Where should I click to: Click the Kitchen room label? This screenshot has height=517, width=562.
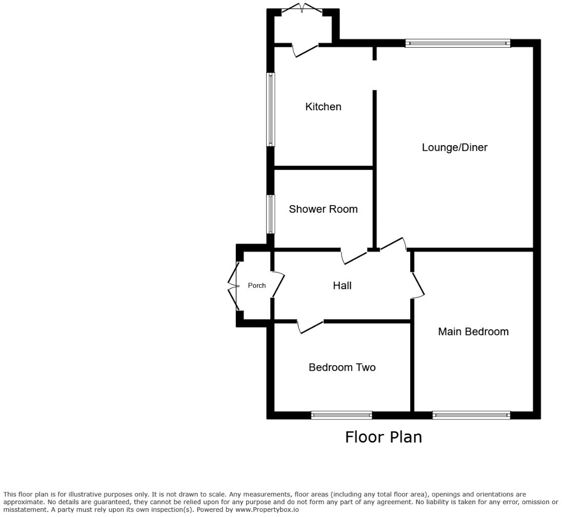[323, 107]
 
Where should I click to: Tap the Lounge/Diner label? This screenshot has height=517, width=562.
[454, 148]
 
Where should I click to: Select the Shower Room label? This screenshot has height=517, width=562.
[323, 209]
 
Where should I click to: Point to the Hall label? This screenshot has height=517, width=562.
[342, 286]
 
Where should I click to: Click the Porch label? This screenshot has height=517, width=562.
[257, 286]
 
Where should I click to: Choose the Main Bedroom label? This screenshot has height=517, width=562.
[473, 332]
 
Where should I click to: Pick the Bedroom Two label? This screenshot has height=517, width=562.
[342, 368]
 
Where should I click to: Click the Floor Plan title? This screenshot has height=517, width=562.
[384, 437]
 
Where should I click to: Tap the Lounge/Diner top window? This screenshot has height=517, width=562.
[457, 44]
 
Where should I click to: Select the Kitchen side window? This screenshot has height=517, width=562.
[270, 109]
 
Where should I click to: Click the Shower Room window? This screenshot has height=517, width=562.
[270, 214]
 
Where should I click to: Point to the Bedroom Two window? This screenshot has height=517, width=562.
[342, 415]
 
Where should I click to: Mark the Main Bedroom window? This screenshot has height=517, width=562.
[471, 415]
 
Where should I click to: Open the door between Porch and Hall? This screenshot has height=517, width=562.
[278, 285]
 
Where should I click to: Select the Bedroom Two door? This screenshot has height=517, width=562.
[310, 327]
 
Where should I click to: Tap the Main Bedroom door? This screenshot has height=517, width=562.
[418, 285]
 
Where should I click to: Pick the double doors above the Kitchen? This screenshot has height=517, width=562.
[303, 8]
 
